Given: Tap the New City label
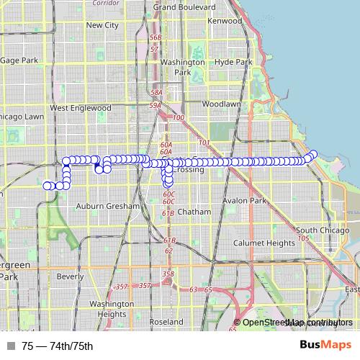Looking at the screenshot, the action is (102, 24).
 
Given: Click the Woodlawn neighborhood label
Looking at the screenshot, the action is (221, 104).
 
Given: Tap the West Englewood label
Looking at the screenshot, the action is (81, 108).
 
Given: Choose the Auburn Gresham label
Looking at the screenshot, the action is (107, 206).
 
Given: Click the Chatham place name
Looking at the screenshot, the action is (195, 212).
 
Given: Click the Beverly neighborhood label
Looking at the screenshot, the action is (71, 276).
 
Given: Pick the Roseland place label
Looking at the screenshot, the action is (166, 322).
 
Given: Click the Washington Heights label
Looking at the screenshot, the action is (112, 309).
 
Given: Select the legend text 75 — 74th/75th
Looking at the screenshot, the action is (58, 346).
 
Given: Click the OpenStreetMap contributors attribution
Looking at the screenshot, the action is (297, 323).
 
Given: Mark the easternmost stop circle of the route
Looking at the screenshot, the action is (313, 154).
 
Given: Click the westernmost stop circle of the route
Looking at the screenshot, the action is (48, 186).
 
